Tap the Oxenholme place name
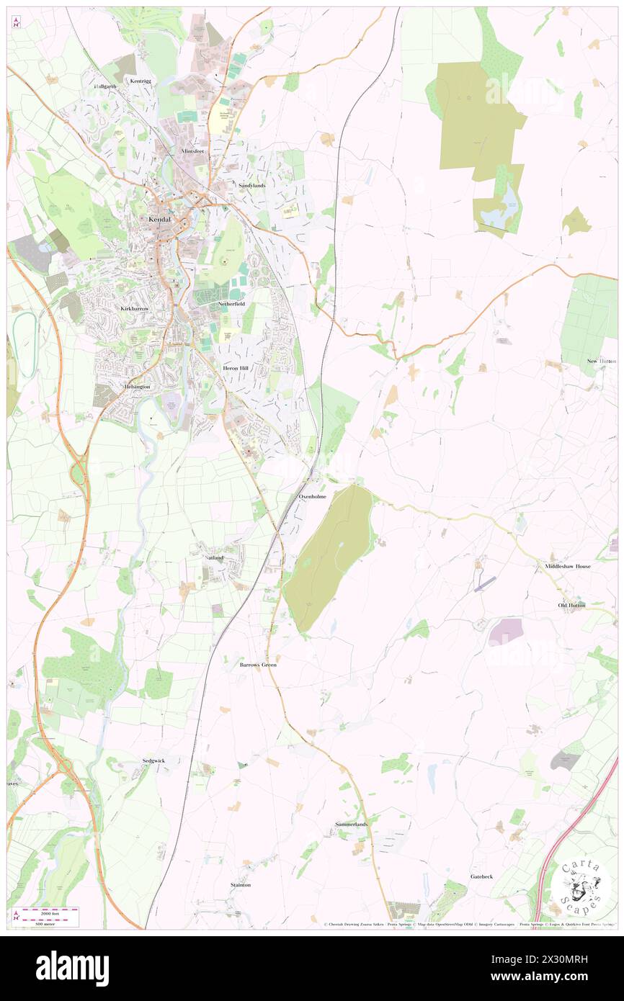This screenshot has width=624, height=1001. [312, 497]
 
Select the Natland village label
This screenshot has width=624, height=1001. [214, 557]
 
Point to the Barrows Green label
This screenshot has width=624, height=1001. [258, 665]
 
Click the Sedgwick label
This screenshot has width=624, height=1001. [153, 760]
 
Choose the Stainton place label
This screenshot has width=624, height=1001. [241, 884]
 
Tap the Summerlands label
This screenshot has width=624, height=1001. [352, 824]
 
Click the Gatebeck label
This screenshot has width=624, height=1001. [482, 876]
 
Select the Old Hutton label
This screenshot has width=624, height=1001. [572, 605]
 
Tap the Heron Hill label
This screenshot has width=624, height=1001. [235, 368]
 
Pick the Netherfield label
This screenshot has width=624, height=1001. [231, 305]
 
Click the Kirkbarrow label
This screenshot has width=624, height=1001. [134, 308]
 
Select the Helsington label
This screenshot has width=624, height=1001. [137, 387]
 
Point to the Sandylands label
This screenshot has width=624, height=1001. [252, 185]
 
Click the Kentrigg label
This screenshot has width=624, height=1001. [141, 81]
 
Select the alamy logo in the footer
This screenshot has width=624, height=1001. [72, 968]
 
